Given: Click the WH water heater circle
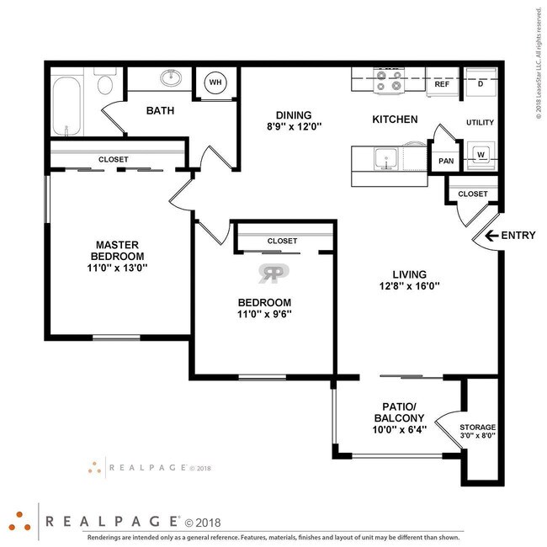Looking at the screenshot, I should (215, 82).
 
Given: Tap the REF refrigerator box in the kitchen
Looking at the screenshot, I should (441, 84).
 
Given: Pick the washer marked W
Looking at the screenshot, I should (481, 156).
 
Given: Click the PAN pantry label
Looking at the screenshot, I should (445, 161).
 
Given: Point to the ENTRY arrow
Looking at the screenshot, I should (486, 236).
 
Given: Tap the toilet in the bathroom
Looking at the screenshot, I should (106, 84).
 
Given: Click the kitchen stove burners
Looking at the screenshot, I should (390, 81).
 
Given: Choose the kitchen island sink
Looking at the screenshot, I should (387, 158).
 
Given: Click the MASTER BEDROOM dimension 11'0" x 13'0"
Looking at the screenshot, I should (119, 268).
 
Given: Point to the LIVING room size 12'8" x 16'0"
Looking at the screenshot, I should (410, 286).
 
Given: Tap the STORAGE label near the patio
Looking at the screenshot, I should (477, 428).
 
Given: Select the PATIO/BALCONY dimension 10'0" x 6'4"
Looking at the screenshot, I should (400, 429).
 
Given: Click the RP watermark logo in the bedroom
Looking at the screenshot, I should (273, 273).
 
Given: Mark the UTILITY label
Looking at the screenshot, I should (480, 123).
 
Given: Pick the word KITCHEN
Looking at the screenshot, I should (395, 119).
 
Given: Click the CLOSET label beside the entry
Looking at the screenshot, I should (473, 194).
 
